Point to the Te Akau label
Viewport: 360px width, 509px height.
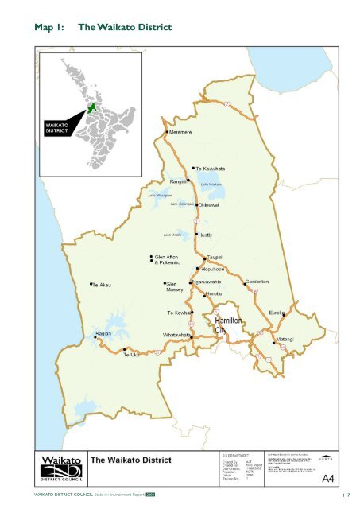105,284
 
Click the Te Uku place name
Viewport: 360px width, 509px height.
130,354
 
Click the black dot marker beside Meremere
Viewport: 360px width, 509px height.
165,132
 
